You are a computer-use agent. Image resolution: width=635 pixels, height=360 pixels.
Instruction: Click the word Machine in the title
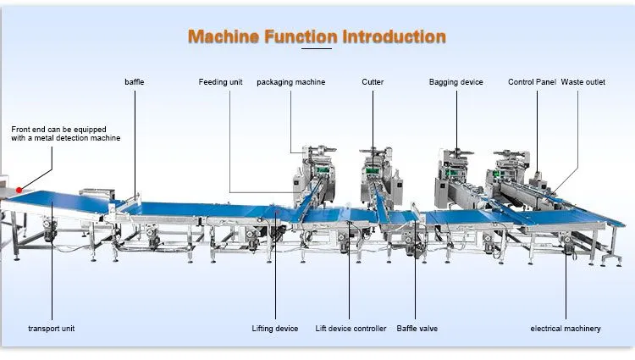point(224,37)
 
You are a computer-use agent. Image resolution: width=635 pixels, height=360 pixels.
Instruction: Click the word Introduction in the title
point(394,37)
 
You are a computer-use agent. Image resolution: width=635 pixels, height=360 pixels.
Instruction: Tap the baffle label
point(135,82)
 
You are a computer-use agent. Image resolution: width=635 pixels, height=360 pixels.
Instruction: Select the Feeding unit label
point(220,82)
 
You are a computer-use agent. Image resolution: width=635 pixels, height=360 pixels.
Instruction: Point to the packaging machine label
point(290,82)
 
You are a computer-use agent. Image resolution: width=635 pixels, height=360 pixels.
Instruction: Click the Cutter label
point(373,82)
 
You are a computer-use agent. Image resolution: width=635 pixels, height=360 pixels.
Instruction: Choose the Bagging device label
point(456,82)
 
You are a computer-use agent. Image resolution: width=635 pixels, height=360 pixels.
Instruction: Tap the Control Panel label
point(532,82)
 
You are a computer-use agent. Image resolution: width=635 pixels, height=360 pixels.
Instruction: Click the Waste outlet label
point(583,82)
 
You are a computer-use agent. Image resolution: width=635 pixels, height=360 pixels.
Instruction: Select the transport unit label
point(52,329)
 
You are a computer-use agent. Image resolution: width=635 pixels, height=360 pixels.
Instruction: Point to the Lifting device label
point(275,329)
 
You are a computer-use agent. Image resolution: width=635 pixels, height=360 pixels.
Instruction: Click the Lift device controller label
point(351,329)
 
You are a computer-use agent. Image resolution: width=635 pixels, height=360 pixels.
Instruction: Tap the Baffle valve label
point(417,329)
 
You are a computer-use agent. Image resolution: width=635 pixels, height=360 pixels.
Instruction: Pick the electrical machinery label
point(566,329)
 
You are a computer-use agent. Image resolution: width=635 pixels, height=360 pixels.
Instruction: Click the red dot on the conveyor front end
point(19,190)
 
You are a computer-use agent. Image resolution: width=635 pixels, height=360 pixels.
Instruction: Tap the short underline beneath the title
point(317,48)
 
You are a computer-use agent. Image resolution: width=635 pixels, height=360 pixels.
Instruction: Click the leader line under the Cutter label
point(373,129)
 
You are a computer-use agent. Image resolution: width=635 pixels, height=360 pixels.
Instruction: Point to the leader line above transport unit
point(52,260)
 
